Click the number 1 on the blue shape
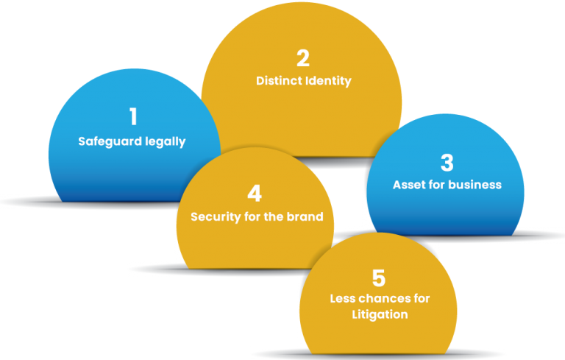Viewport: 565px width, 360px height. pos(134,116)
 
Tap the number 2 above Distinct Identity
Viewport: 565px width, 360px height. pos(303,58)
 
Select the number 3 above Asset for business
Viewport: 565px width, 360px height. pos(447,162)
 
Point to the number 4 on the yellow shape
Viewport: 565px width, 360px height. pos(255,194)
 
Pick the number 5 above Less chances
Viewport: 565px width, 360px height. pos(379,278)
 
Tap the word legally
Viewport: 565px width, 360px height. pos(166,142)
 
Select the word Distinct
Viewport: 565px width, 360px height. pos(277,80)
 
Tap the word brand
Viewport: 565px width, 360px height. pos(305,216)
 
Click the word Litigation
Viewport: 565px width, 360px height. pos(380,314)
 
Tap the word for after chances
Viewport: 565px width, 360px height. pos(422,298)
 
